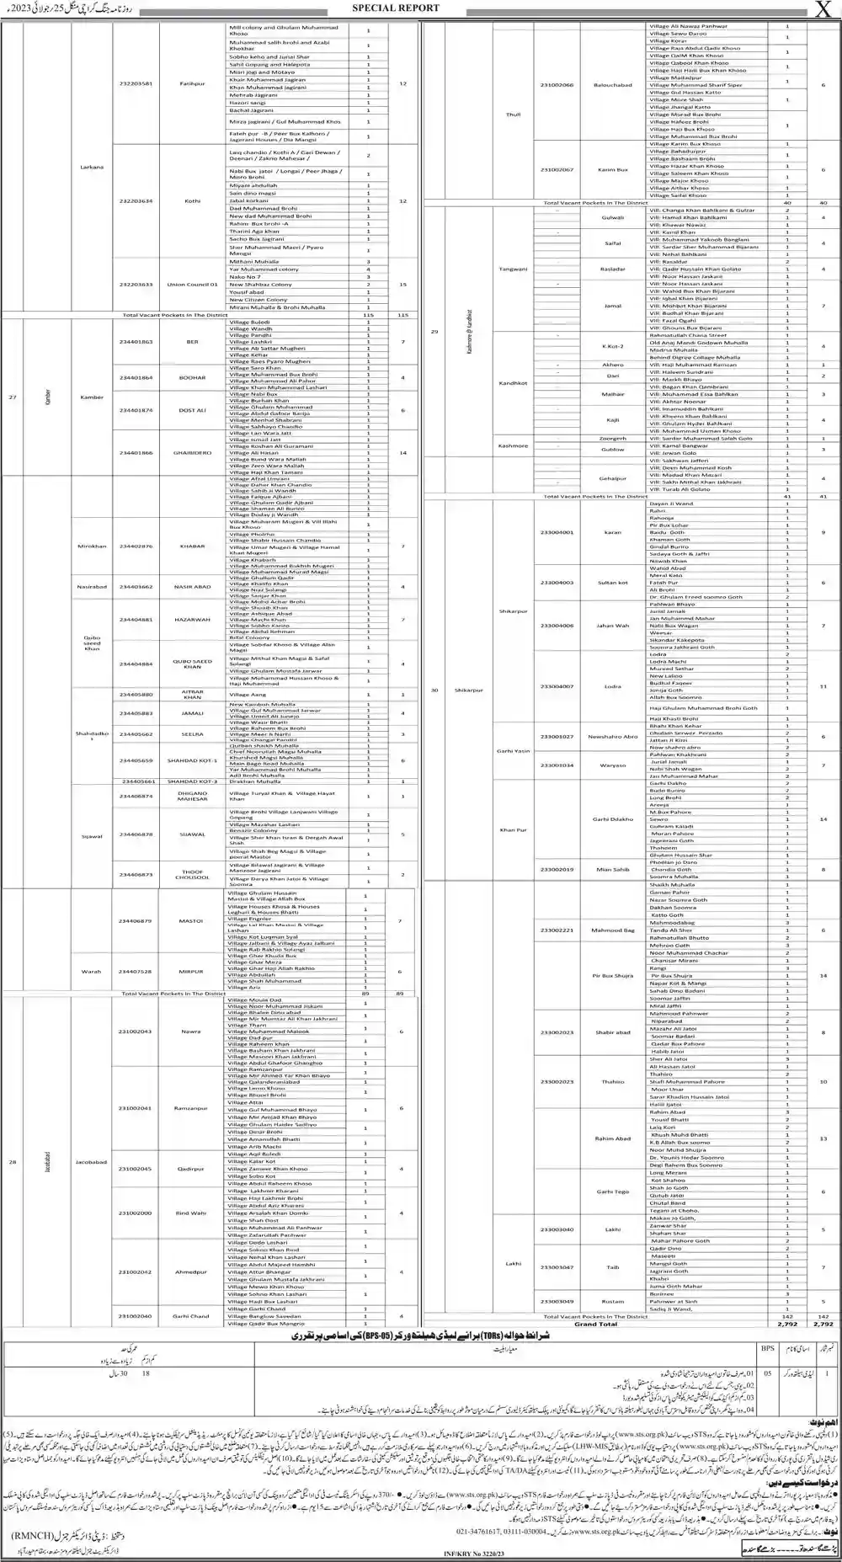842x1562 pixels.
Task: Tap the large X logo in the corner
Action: (x=823, y=9)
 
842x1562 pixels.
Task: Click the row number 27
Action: (x=13, y=397)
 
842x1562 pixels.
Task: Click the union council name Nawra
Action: (x=190, y=1032)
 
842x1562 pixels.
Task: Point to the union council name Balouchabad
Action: (x=614, y=85)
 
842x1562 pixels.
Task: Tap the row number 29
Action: (x=435, y=333)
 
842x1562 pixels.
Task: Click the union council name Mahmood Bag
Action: (x=612, y=930)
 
